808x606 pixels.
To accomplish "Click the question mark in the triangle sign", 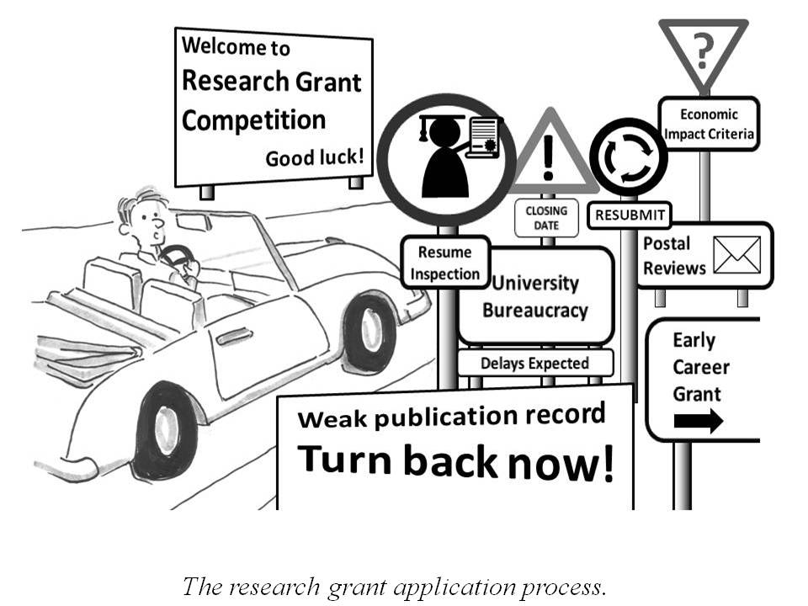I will tap(702, 52).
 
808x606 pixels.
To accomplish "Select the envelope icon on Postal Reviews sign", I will tap(736, 255).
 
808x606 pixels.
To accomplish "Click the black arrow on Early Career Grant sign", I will tap(698, 421).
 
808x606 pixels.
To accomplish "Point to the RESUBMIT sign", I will tap(630, 215).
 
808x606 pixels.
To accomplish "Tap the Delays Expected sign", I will tap(535, 364).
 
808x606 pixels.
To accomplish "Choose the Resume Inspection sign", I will tap(445, 263).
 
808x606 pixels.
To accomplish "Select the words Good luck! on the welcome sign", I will tap(315, 157).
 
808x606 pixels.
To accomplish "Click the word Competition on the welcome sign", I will tap(253, 120).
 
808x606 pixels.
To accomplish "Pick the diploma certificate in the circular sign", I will tap(481, 138).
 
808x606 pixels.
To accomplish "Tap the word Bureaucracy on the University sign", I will tap(534, 311).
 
